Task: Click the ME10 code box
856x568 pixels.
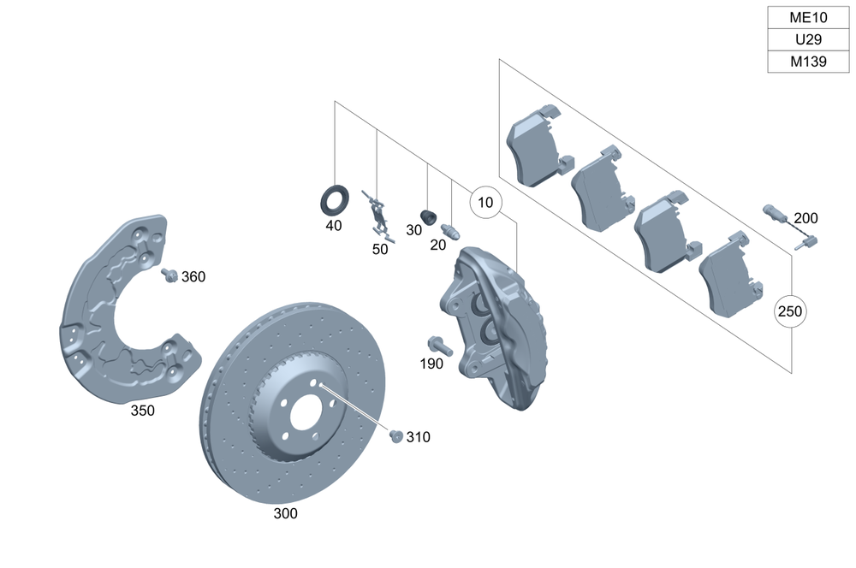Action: [809, 18]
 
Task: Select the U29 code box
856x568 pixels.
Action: [809, 40]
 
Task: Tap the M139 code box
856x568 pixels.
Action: [809, 62]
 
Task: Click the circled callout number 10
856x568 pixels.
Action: [486, 204]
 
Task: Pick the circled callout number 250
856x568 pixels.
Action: [791, 311]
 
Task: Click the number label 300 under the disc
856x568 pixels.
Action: [286, 514]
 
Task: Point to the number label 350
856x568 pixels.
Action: [143, 411]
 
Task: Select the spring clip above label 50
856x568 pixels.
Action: [377, 214]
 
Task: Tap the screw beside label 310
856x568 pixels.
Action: [395, 435]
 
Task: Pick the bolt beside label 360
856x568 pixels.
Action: [169, 275]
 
